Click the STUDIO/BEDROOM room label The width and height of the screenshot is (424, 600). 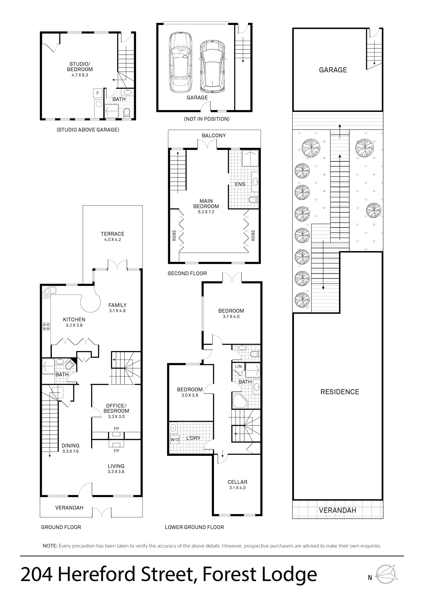point(80,67)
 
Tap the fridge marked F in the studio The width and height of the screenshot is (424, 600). point(98,93)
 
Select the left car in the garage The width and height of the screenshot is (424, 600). point(180,63)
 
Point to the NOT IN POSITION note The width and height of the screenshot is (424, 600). point(207,119)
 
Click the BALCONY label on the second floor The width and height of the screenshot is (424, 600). point(214,135)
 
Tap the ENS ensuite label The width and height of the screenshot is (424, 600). point(240,184)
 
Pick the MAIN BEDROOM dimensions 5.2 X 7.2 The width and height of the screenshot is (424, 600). point(206,212)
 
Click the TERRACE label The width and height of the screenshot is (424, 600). point(113,234)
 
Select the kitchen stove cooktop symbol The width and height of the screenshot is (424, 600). point(46,327)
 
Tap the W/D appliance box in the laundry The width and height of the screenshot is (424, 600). point(175,440)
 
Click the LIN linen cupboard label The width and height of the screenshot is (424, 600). point(238,366)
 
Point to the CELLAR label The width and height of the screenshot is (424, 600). point(237,482)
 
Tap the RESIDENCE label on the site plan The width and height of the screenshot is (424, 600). point(340,392)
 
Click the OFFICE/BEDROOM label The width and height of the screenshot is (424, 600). point(116,408)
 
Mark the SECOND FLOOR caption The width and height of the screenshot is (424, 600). point(187,273)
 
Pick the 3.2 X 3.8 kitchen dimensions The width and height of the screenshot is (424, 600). point(74,325)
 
